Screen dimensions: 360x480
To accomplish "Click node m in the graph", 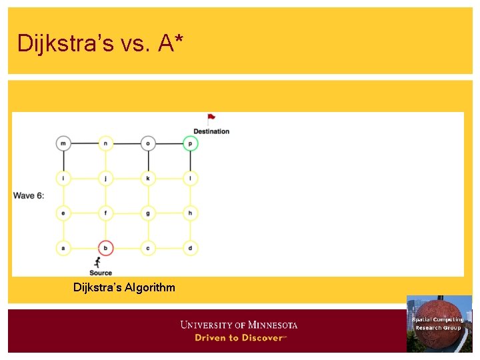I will [x=63, y=143].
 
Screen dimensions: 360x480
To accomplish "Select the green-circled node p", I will [x=190, y=143].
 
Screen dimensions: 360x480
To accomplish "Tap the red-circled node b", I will [x=105, y=248].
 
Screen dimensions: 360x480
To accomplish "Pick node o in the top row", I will [x=148, y=143].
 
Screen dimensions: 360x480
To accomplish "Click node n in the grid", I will [x=105, y=143].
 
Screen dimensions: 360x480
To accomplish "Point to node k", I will [x=148, y=178].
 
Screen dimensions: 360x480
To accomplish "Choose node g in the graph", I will [x=148, y=213].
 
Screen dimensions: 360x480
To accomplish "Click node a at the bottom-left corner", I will [x=63, y=248].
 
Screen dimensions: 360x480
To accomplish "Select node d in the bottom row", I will [x=190, y=248].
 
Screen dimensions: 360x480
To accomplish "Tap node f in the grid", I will [x=105, y=213].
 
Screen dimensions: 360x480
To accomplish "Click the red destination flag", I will [x=211, y=118].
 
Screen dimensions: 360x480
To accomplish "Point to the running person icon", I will [x=98, y=262].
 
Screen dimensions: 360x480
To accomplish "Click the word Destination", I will [x=211, y=131].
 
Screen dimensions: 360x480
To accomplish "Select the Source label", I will [x=101, y=273].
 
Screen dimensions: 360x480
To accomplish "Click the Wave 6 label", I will [x=29, y=195].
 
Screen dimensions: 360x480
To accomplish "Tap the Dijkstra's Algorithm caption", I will [x=125, y=287].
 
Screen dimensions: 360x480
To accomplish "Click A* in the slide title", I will [x=171, y=43].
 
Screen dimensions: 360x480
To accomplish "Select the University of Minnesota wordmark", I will [x=239, y=325].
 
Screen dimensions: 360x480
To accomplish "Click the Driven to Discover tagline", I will [x=240, y=338].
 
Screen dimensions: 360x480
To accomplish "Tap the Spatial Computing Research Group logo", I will [x=439, y=323].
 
